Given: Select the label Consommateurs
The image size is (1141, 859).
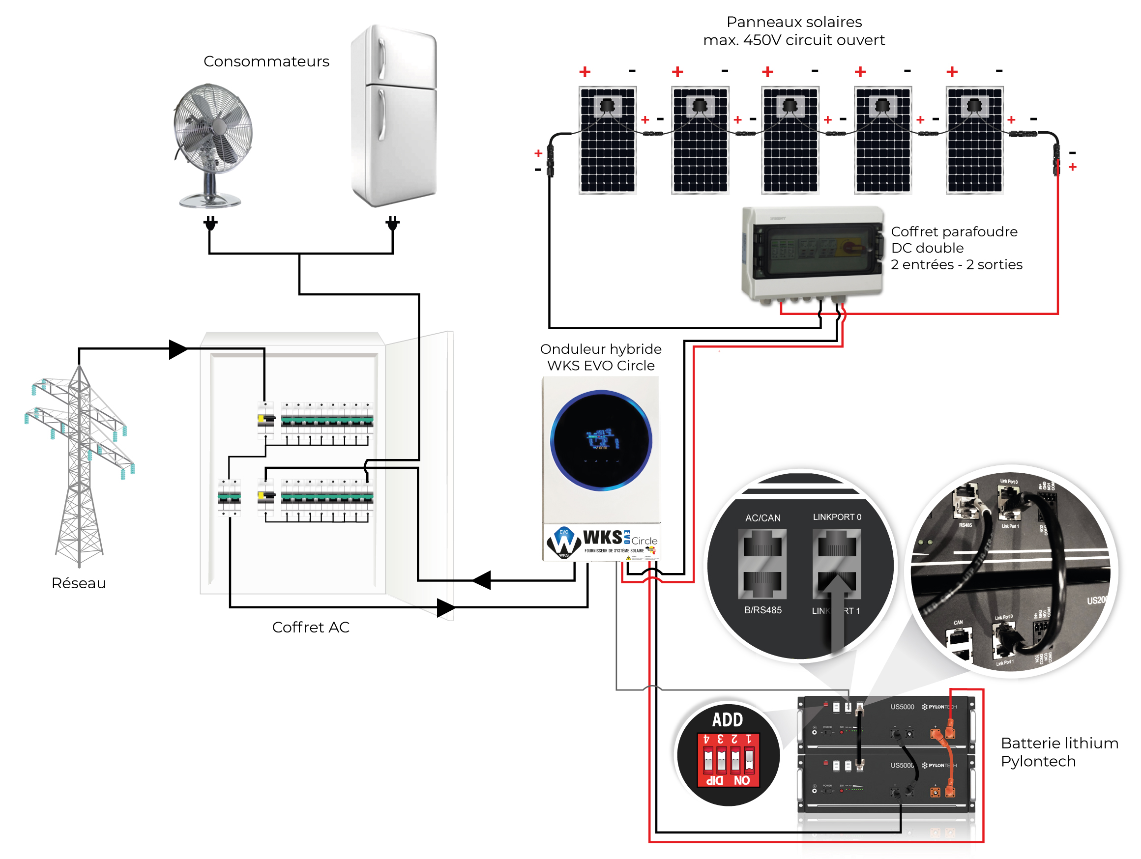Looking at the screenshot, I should [266, 61].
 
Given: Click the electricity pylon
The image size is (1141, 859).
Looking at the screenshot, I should [80, 464].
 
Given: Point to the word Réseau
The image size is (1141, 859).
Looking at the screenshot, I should [79, 583].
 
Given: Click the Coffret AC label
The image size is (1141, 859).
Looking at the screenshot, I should [311, 628].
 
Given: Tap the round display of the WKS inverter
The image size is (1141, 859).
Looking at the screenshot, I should [601, 440].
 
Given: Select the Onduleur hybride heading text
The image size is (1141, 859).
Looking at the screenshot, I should [601, 349].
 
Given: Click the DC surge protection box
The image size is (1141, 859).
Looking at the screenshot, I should [813, 253].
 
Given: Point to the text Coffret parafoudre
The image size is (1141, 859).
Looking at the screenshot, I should [954, 231].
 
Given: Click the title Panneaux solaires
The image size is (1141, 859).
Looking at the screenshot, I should [794, 22].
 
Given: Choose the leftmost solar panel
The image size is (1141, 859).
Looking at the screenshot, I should [608, 140].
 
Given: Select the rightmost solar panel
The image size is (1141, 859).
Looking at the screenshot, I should [974, 140].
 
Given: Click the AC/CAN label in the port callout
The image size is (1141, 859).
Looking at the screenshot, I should [762, 517].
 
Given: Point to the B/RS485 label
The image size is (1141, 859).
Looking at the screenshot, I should [762, 610].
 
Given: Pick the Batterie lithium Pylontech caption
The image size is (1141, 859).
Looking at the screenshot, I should [1059, 752].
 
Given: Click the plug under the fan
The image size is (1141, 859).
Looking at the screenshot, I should [210, 224].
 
